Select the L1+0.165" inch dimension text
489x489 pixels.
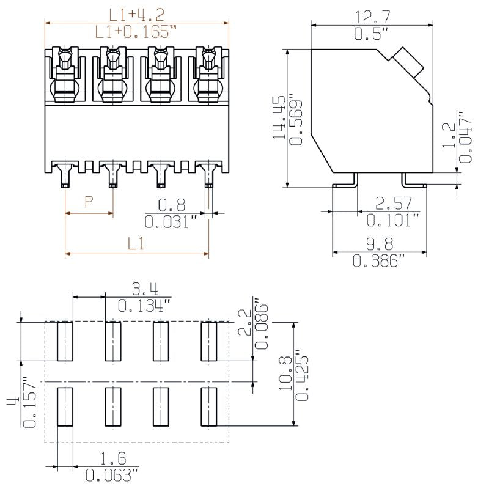(136, 32)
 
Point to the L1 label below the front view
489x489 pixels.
(136, 244)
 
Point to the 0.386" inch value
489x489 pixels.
(379, 262)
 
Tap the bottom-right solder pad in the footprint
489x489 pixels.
(209, 406)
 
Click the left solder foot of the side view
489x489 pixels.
(344, 181)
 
